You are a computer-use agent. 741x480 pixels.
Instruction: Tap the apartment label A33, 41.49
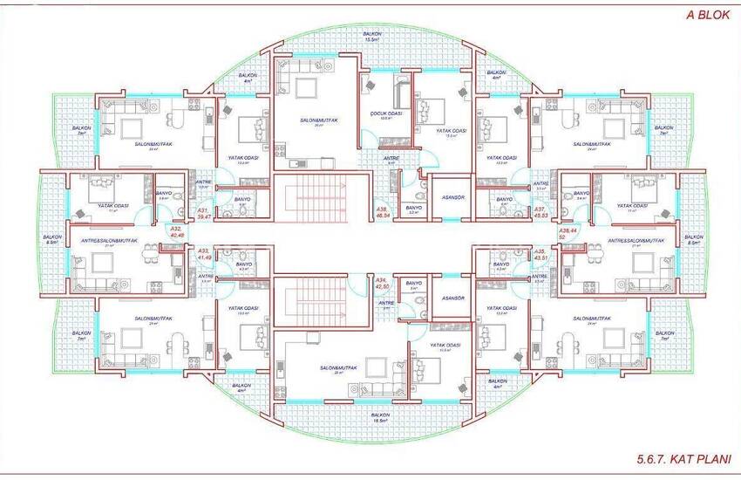[x=205, y=255]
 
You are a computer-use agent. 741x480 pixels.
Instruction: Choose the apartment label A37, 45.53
[x=541, y=213]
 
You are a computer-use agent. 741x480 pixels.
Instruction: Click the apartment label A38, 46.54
[x=382, y=213]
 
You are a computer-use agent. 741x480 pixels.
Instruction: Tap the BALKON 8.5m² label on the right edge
[x=694, y=239]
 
